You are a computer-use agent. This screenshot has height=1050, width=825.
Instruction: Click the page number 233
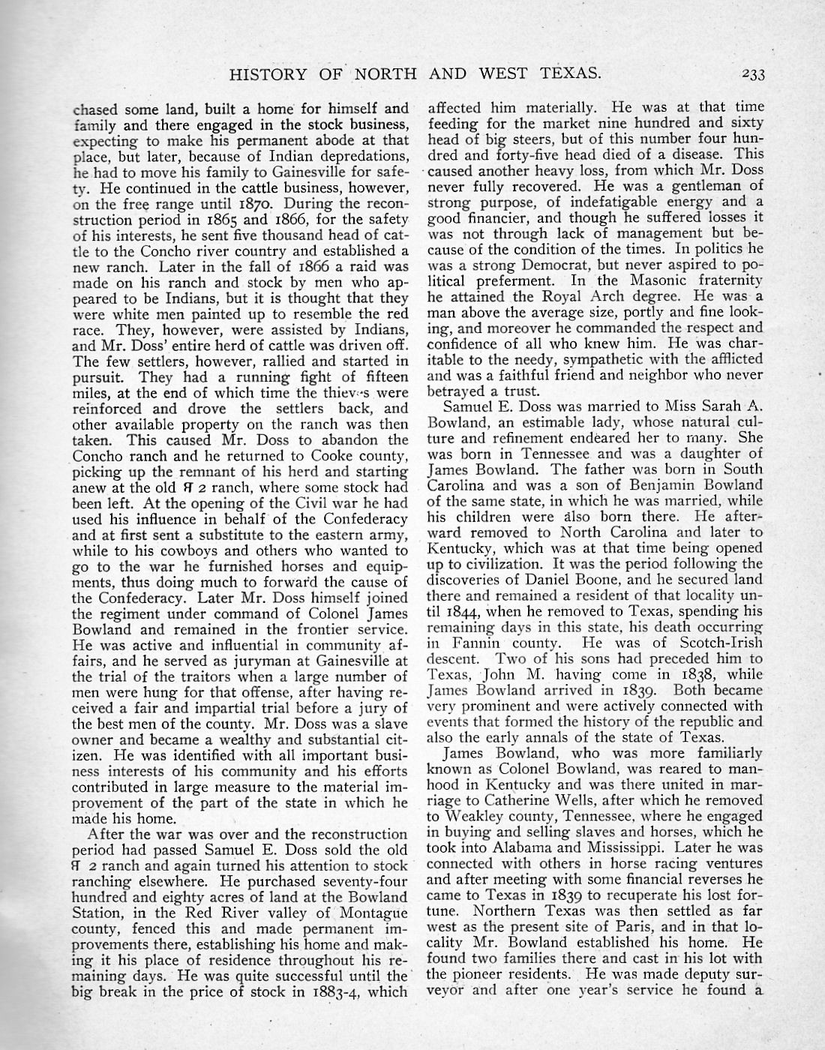click(x=749, y=73)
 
